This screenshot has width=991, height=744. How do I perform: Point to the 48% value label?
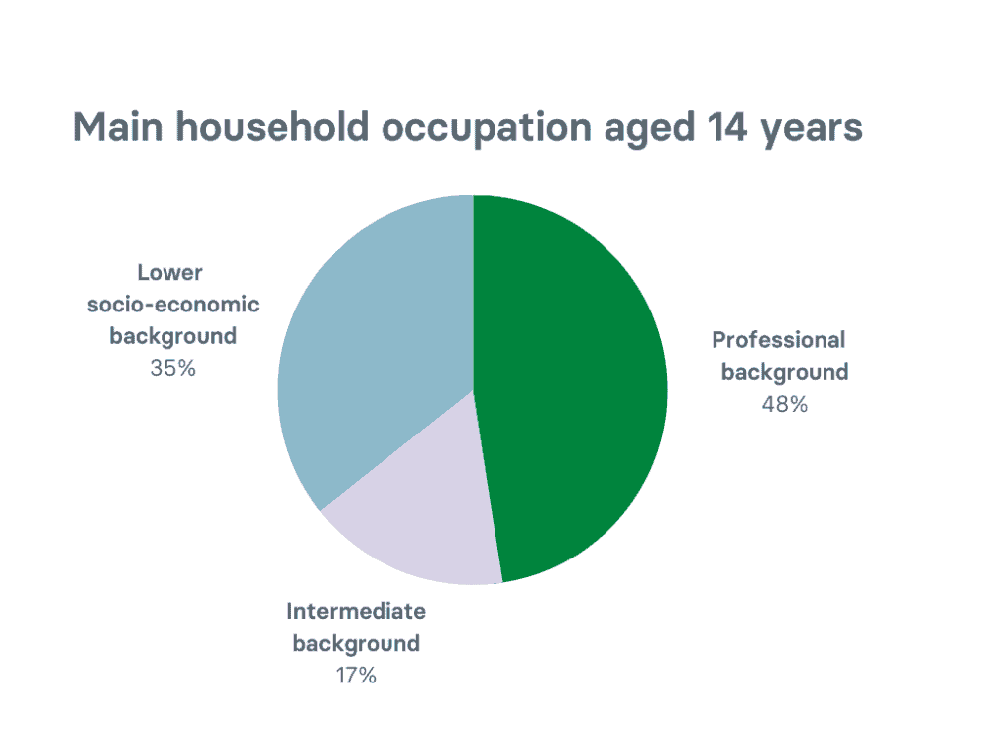pyautogui.click(x=784, y=405)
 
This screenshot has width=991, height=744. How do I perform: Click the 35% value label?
pyautogui.click(x=172, y=368)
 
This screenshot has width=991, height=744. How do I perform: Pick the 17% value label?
pyautogui.click(x=356, y=676)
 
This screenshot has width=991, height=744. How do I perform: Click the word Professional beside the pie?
pyautogui.click(x=779, y=340)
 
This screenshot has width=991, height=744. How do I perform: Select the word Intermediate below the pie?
pyautogui.click(x=357, y=612)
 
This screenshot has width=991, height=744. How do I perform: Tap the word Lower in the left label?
pyautogui.click(x=170, y=273)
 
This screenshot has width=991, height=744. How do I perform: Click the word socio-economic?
pyautogui.click(x=173, y=305)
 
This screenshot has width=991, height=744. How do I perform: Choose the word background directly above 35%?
pyautogui.click(x=173, y=336)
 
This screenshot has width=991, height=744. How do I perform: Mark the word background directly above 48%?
pyautogui.click(x=785, y=373)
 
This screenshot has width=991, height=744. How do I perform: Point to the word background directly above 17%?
pyautogui.click(x=357, y=644)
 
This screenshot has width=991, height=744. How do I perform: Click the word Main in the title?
pyautogui.click(x=118, y=127)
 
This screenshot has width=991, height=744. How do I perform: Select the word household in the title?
pyautogui.click(x=273, y=127)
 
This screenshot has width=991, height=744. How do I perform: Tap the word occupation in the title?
pyautogui.click(x=486, y=129)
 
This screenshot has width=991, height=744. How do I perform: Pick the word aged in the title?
pyautogui.click(x=649, y=130)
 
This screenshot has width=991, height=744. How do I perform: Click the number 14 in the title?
pyautogui.click(x=727, y=127)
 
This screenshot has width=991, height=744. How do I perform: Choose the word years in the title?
pyautogui.click(x=813, y=131)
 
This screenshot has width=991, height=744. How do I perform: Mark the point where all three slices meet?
pyautogui.click(x=473, y=390)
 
